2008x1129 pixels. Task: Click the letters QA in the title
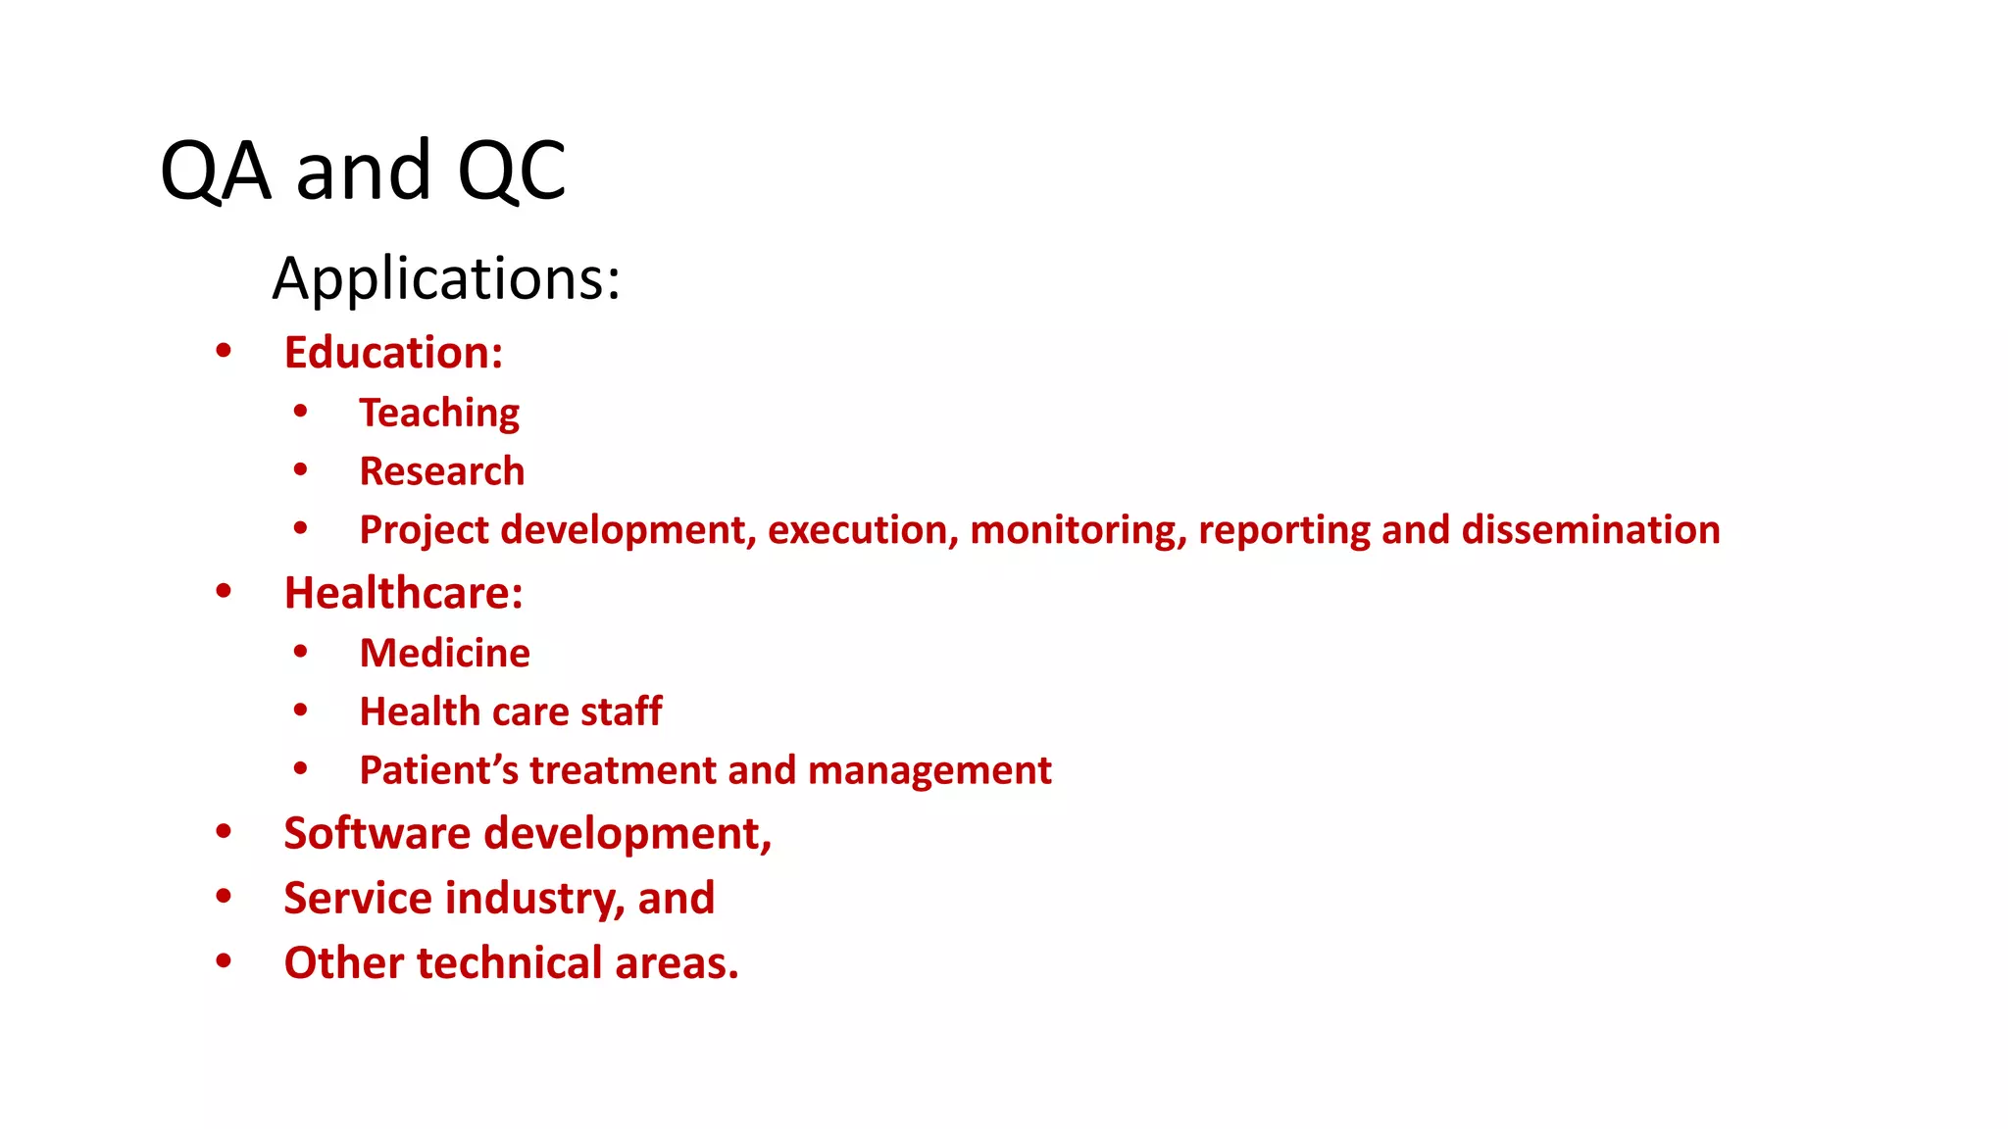click(x=215, y=172)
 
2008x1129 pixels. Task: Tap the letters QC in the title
click(x=512, y=172)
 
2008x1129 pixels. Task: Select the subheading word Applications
click(x=446, y=278)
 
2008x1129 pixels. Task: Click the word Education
click(x=393, y=353)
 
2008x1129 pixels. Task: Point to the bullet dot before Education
click(x=224, y=350)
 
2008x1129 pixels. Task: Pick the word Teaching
click(x=439, y=414)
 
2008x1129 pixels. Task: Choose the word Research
click(x=442, y=471)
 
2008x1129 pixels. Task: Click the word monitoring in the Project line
click(x=1078, y=530)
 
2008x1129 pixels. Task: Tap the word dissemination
click(x=1590, y=530)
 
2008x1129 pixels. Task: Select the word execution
click(x=862, y=530)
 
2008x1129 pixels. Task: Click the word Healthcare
click(x=403, y=593)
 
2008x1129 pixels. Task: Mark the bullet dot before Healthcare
click(x=224, y=591)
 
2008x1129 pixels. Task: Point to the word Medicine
click(x=445, y=653)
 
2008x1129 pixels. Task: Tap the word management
click(x=929, y=771)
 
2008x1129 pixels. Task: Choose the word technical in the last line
click(x=510, y=963)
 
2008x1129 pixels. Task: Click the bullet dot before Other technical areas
click(x=224, y=961)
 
